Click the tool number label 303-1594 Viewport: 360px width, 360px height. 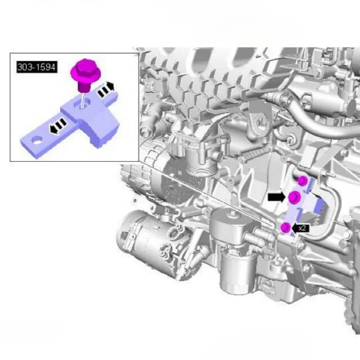click(37, 67)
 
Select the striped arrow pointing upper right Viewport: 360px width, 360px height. click(106, 90)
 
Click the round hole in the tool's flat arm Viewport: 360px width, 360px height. click(37, 140)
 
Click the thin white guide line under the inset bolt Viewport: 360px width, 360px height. click(83, 99)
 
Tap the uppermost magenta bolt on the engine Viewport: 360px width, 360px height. click(302, 181)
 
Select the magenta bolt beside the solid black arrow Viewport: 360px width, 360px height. click(294, 197)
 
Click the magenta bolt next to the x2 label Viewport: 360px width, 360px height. click(286, 227)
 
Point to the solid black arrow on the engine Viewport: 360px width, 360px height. click(277, 197)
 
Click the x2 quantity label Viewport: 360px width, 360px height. click(302, 228)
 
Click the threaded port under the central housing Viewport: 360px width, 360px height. click(201, 171)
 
